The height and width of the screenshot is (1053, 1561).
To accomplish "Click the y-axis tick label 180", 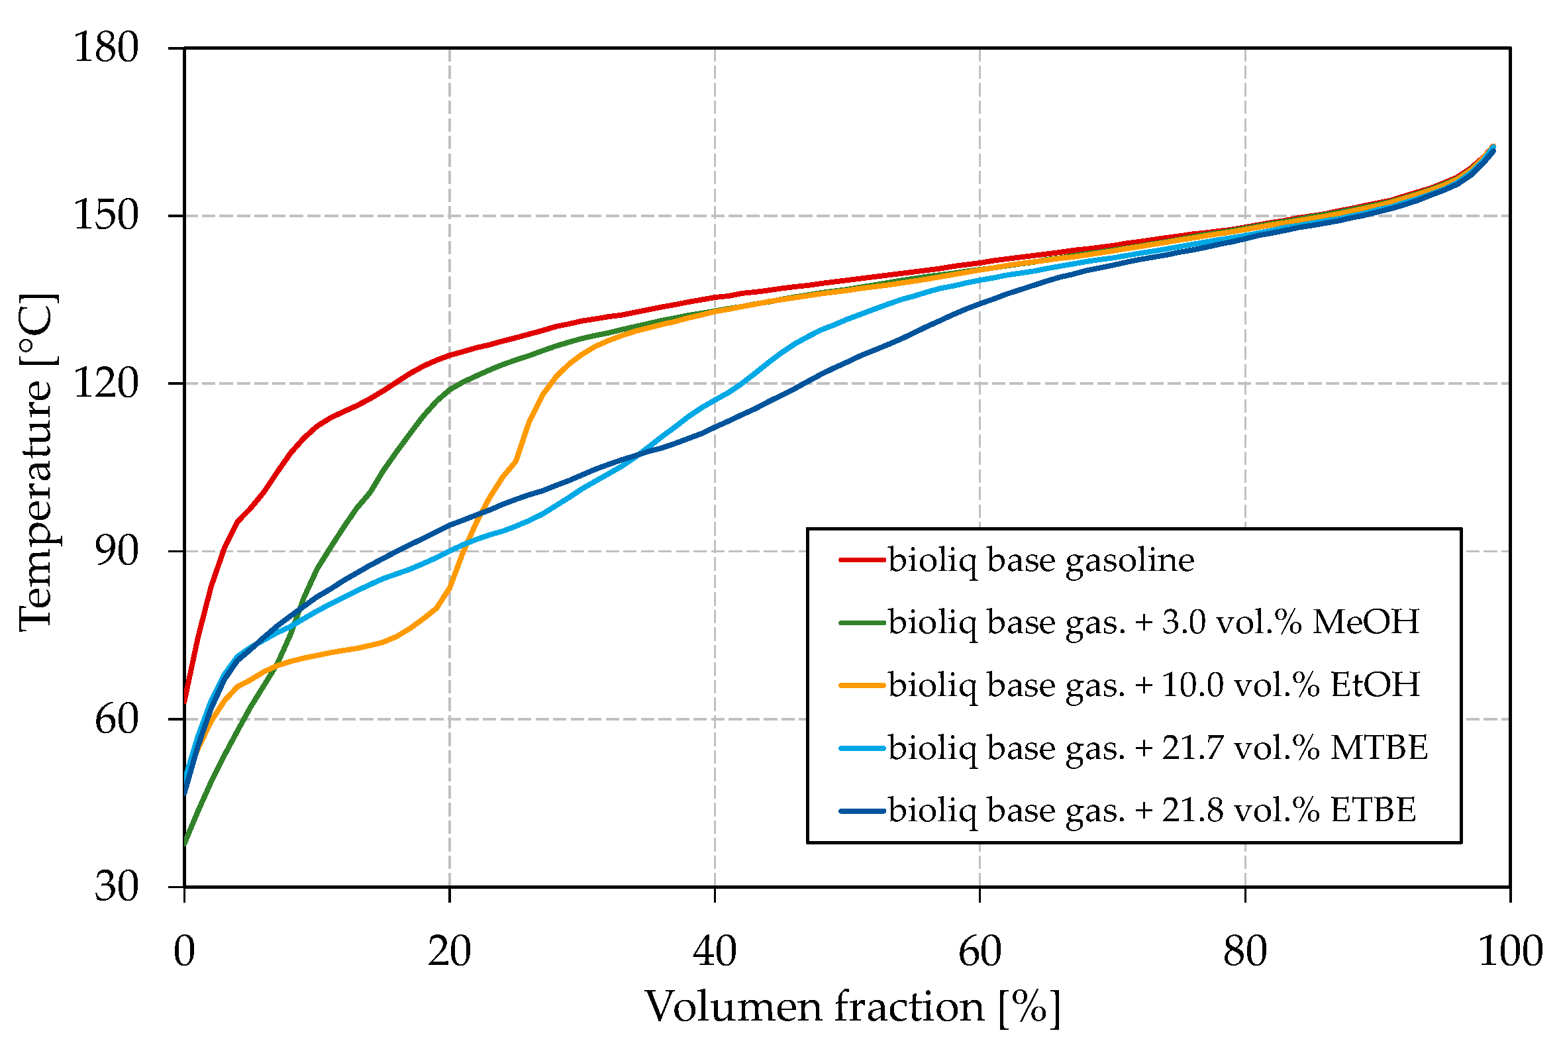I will pyautogui.click(x=105, y=48).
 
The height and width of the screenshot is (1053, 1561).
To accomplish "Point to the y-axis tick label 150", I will pyautogui.click(x=105, y=216).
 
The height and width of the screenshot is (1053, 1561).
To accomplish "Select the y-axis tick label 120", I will pyautogui.click(x=105, y=383).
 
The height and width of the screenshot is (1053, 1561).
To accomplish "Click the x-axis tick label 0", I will pyautogui.click(x=184, y=952).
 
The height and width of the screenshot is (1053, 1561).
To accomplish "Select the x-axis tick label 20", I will pyautogui.click(x=449, y=952).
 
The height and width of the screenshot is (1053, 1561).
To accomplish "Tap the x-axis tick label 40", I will pyautogui.click(x=715, y=952).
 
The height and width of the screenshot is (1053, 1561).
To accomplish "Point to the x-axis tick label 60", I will pyautogui.click(x=980, y=952).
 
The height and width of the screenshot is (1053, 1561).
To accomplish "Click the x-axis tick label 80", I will pyautogui.click(x=1245, y=952).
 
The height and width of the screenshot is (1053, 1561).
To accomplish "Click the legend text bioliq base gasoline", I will pyautogui.click(x=1040, y=560).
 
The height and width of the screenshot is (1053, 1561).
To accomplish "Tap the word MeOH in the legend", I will pyautogui.click(x=1366, y=622).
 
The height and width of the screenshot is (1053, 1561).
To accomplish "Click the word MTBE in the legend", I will pyautogui.click(x=1379, y=748).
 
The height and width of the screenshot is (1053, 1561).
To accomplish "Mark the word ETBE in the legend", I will pyautogui.click(x=1374, y=811).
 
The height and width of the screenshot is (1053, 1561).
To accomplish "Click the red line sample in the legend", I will pyautogui.click(x=862, y=560).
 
